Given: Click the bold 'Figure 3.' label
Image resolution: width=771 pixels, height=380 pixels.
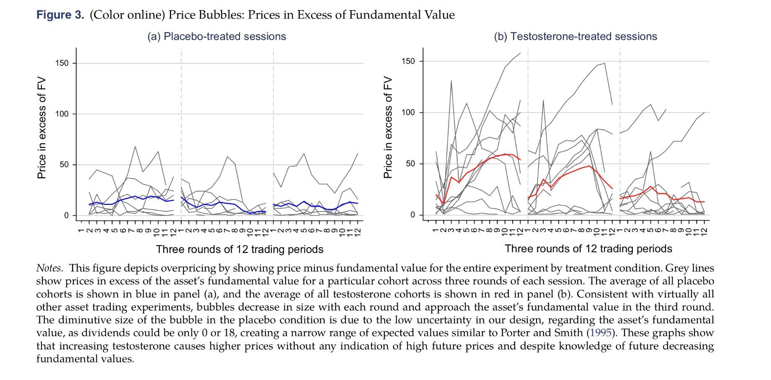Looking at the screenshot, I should (x=60, y=15).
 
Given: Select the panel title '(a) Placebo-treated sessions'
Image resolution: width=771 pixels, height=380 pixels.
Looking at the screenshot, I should (x=217, y=36).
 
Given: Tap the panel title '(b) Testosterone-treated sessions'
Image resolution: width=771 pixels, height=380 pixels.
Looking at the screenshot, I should (x=575, y=36).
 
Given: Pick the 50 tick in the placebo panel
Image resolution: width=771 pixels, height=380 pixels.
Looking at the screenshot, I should (x=64, y=165).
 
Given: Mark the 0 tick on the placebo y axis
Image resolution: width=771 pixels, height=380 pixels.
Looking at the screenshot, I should (x=66, y=215).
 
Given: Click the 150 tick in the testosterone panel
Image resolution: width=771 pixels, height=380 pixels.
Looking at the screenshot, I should (x=408, y=62).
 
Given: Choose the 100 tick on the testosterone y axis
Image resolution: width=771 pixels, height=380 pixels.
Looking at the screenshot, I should (x=408, y=113).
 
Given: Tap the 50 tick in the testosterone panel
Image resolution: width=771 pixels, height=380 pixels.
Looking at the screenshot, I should (x=410, y=164).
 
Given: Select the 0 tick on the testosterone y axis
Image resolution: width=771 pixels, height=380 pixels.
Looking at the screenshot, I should (x=413, y=215).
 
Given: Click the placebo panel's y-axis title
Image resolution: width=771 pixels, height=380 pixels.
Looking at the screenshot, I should (x=41, y=128).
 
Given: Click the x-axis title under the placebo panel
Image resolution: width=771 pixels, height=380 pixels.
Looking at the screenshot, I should (x=240, y=249).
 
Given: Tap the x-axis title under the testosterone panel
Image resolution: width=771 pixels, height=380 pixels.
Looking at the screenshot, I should (x=588, y=248).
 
